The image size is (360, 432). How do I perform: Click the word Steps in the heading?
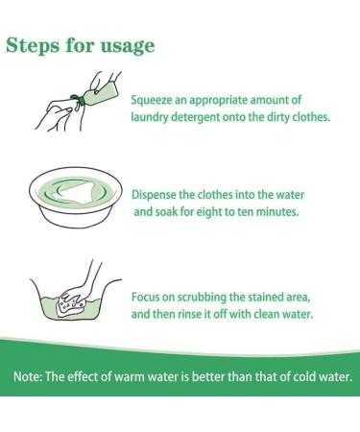tap(33, 45)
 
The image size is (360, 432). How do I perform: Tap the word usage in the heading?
tap(128, 47)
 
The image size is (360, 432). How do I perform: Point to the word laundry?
tap(149, 117)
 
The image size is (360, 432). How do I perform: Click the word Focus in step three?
tap(145, 297)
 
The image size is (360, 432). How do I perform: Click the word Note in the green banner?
tap(28, 376)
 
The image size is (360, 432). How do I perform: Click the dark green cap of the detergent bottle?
tap(81, 99)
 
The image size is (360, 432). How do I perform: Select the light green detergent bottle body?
tap(101, 89)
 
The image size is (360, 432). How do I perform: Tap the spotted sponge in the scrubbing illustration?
tap(71, 304)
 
